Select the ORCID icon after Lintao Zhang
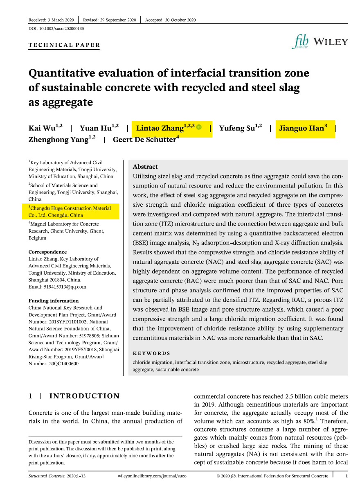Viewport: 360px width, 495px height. point(199,128)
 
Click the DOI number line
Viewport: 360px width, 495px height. point(56,29)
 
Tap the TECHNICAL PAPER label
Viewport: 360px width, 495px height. point(64,45)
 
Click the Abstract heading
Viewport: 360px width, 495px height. point(145,167)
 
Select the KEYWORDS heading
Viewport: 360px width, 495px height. point(151,353)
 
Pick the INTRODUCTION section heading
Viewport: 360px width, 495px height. point(84,396)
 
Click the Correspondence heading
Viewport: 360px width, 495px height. point(47,252)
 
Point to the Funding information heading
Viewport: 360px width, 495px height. point(54,301)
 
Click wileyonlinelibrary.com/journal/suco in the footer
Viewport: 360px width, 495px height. point(152,476)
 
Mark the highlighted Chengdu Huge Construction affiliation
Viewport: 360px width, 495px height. point(70,212)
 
